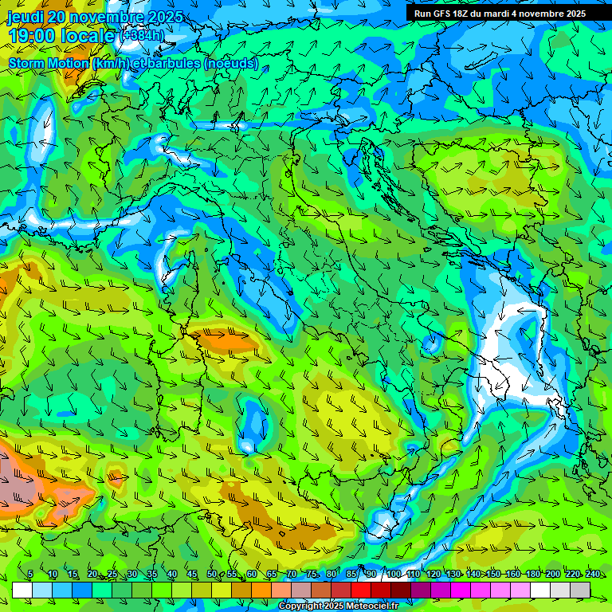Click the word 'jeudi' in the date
pos(25,17)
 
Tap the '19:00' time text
pos(31,36)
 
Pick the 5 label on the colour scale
pos(30,575)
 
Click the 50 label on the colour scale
pos(212,575)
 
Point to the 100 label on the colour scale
pos(393,575)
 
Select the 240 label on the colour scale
pos(593,575)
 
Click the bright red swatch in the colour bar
pos(361,590)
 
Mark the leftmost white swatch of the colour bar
pos(22,590)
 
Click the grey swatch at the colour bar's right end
pos(580,590)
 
